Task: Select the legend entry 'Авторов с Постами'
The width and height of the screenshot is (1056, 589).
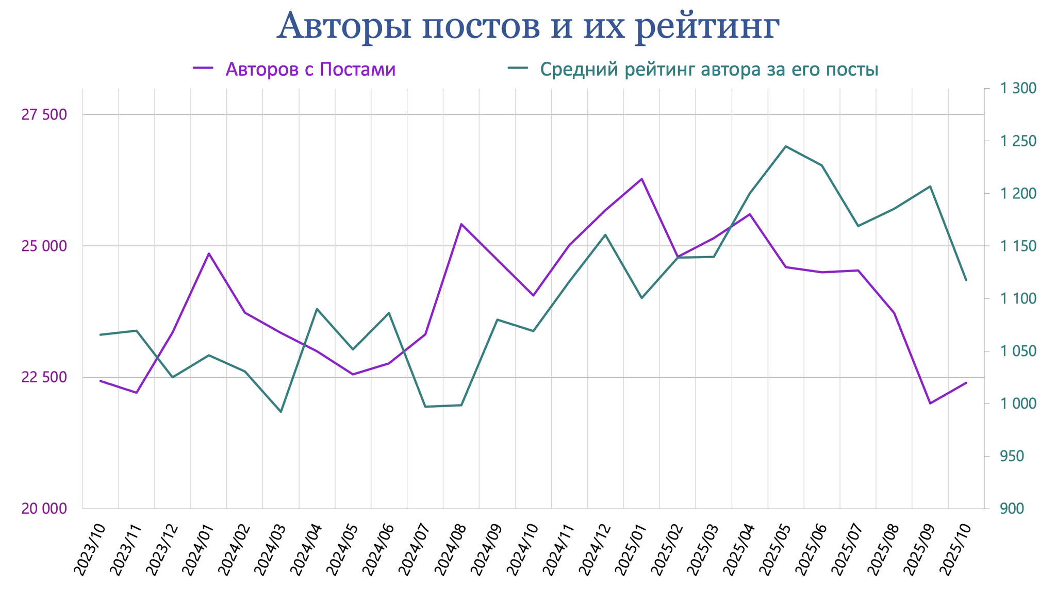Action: [310, 69]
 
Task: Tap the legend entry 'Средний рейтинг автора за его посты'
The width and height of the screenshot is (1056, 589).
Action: [708, 69]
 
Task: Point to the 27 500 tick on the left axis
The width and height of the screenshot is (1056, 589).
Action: [44, 114]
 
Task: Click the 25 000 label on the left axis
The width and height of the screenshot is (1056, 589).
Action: [44, 246]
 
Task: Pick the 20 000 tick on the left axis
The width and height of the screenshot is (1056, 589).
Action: [44, 509]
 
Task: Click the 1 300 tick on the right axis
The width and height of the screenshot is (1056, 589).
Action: [1018, 89]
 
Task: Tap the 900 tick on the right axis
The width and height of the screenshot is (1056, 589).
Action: [1012, 509]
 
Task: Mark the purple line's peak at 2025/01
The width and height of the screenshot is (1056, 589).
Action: [641, 179]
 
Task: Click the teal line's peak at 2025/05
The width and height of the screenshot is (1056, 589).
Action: [786, 146]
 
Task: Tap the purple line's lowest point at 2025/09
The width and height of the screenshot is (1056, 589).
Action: [930, 403]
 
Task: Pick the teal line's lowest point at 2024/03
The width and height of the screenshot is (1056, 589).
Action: [281, 412]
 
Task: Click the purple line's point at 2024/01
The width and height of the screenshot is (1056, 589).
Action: [209, 254]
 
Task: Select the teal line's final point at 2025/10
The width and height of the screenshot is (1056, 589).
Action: [966, 280]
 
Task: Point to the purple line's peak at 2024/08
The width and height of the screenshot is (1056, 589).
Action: [461, 224]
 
